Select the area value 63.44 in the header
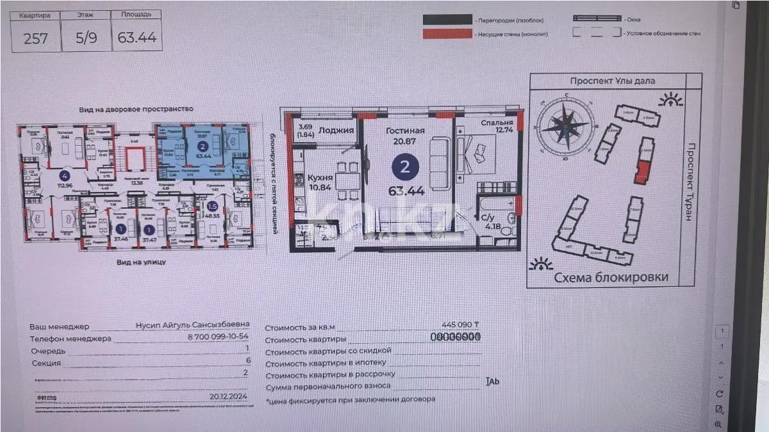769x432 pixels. [x=136, y=38]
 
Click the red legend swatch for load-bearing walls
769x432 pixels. [x=447, y=34]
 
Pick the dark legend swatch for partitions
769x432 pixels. [x=447, y=20]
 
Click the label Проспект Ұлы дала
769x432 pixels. [x=613, y=81]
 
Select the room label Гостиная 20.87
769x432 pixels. [x=405, y=135]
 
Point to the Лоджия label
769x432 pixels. [x=336, y=130]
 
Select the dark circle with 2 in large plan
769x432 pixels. [x=405, y=168]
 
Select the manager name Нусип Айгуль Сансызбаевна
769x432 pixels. [x=192, y=325]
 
